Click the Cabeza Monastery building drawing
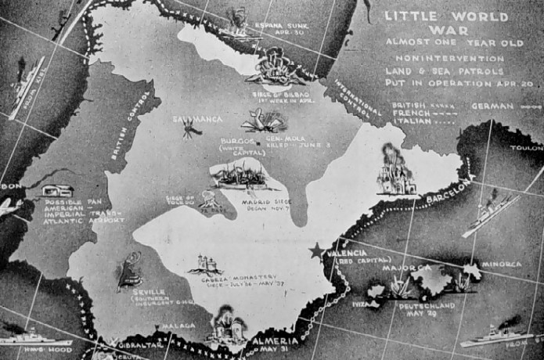pyautogui.click(x=205, y=264)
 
